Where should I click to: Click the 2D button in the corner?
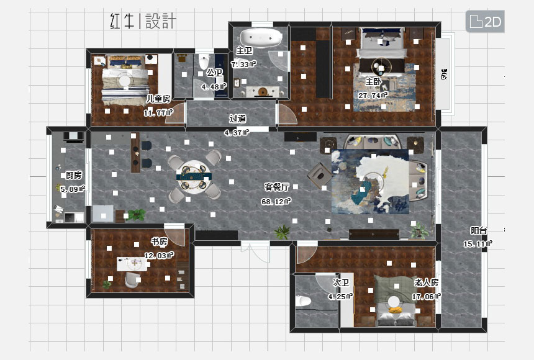[485, 22]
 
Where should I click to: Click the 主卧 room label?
[373, 82]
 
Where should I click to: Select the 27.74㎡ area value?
[373, 96]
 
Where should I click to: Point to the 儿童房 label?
[158, 99]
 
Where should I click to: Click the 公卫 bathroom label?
[214, 73]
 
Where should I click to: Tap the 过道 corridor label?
[237, 119]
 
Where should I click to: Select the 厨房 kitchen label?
[73, 175]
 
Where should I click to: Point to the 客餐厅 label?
[277, 187]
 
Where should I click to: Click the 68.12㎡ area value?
[276, 201]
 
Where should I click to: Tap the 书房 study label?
[159, 241]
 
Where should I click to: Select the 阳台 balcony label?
[479, 230]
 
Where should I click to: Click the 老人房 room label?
[426, 282]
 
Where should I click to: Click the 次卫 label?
[341, 282]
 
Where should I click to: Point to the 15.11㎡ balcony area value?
[478, 244]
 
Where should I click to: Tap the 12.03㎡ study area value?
[158, 254]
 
